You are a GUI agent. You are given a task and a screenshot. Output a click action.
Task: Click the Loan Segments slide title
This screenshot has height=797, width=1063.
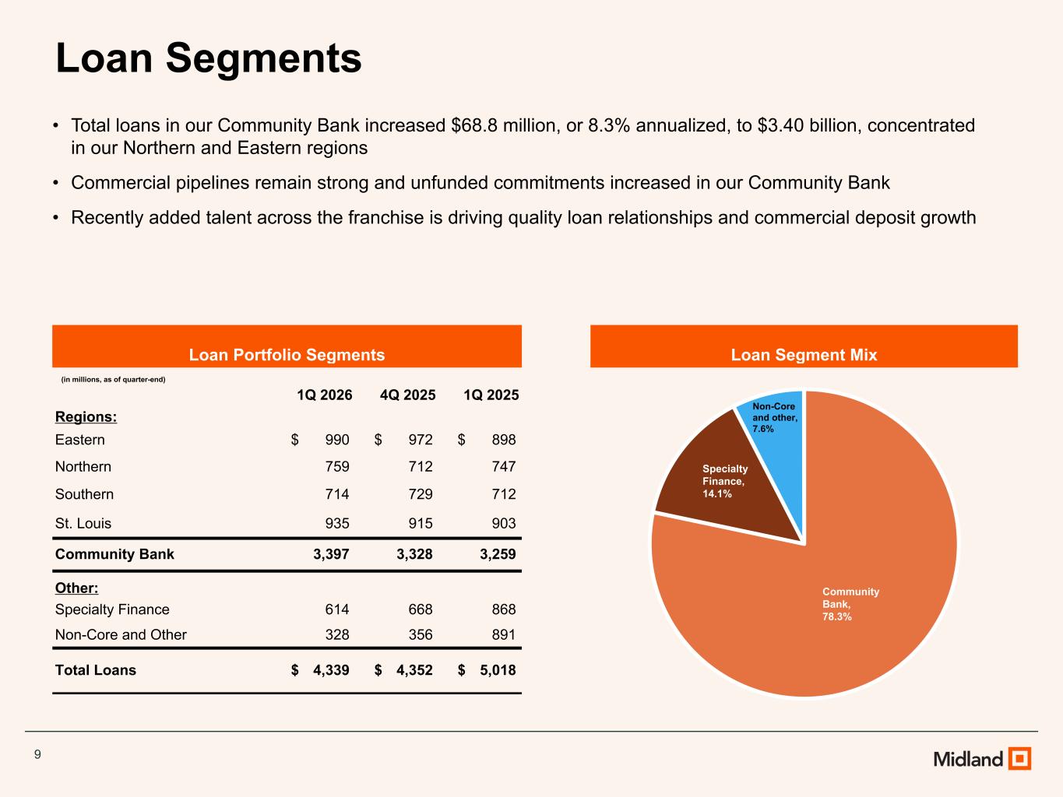point(209,59)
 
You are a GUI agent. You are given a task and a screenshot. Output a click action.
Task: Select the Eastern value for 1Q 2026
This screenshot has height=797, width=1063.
point(337,440)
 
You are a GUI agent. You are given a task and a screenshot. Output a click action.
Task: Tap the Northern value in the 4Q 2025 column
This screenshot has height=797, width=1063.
point(421,466)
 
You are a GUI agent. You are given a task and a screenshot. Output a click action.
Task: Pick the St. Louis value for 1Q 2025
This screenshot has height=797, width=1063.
point(504,523)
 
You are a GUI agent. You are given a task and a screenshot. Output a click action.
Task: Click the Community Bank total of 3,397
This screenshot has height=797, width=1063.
point(331,554)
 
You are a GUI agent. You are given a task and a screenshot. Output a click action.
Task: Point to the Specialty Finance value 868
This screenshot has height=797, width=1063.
point(504,609)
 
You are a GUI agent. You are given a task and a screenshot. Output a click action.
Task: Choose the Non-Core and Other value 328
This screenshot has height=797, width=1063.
point(337,634)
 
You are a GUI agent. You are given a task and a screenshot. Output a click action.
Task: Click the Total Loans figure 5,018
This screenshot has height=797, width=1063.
point(498,670)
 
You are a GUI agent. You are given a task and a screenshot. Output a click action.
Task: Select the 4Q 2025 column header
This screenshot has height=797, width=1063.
point(408,395)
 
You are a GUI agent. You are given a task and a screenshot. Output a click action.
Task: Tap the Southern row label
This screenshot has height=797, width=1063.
point(84,494)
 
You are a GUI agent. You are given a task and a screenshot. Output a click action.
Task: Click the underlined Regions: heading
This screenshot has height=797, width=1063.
point(86,416)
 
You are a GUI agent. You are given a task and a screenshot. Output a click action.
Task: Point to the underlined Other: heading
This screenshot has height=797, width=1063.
point(76,588)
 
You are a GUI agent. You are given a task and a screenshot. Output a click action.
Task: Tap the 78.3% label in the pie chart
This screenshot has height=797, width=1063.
point(837,616)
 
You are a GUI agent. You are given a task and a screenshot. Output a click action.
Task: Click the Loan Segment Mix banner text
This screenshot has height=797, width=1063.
point(804,355)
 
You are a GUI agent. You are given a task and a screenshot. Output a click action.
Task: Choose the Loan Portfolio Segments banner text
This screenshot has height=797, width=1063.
point(287,355)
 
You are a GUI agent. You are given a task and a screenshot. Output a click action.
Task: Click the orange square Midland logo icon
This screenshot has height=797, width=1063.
point(1020,758)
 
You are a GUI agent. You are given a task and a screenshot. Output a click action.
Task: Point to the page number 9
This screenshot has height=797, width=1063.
point(37,754)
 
